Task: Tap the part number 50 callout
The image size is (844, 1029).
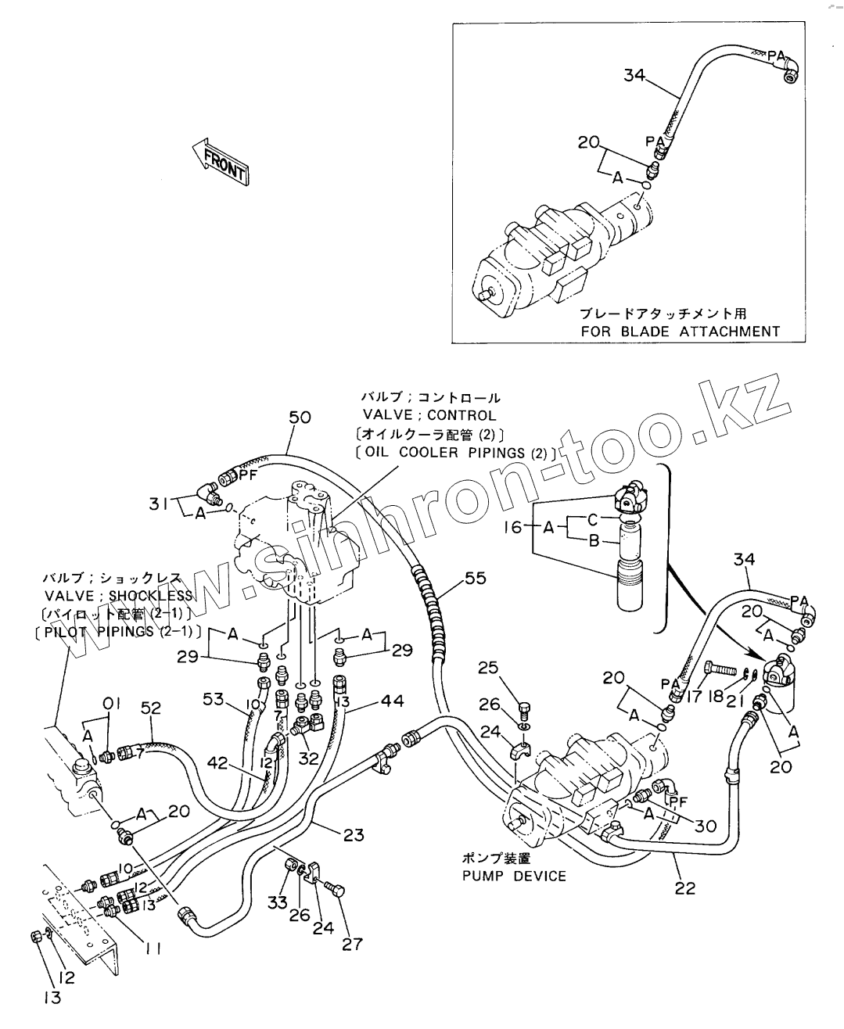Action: tap(300, 418)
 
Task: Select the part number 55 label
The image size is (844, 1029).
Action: tap(475, 578)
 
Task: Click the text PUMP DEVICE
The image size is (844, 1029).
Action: tap(513, 876)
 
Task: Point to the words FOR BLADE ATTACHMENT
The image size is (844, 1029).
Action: tap(680, 331)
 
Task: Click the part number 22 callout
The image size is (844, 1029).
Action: tap(684, 888)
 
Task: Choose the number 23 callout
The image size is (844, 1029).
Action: tap(354, 835)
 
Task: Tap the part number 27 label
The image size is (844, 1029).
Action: tap(353, 945)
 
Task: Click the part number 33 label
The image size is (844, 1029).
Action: tap(278, 903)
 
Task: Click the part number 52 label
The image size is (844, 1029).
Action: tap(150, 708)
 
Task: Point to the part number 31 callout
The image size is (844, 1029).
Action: tap(159, 505)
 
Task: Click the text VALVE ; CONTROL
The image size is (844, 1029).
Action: tap(429, 415)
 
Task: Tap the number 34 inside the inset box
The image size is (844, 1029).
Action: tap(635, 75)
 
